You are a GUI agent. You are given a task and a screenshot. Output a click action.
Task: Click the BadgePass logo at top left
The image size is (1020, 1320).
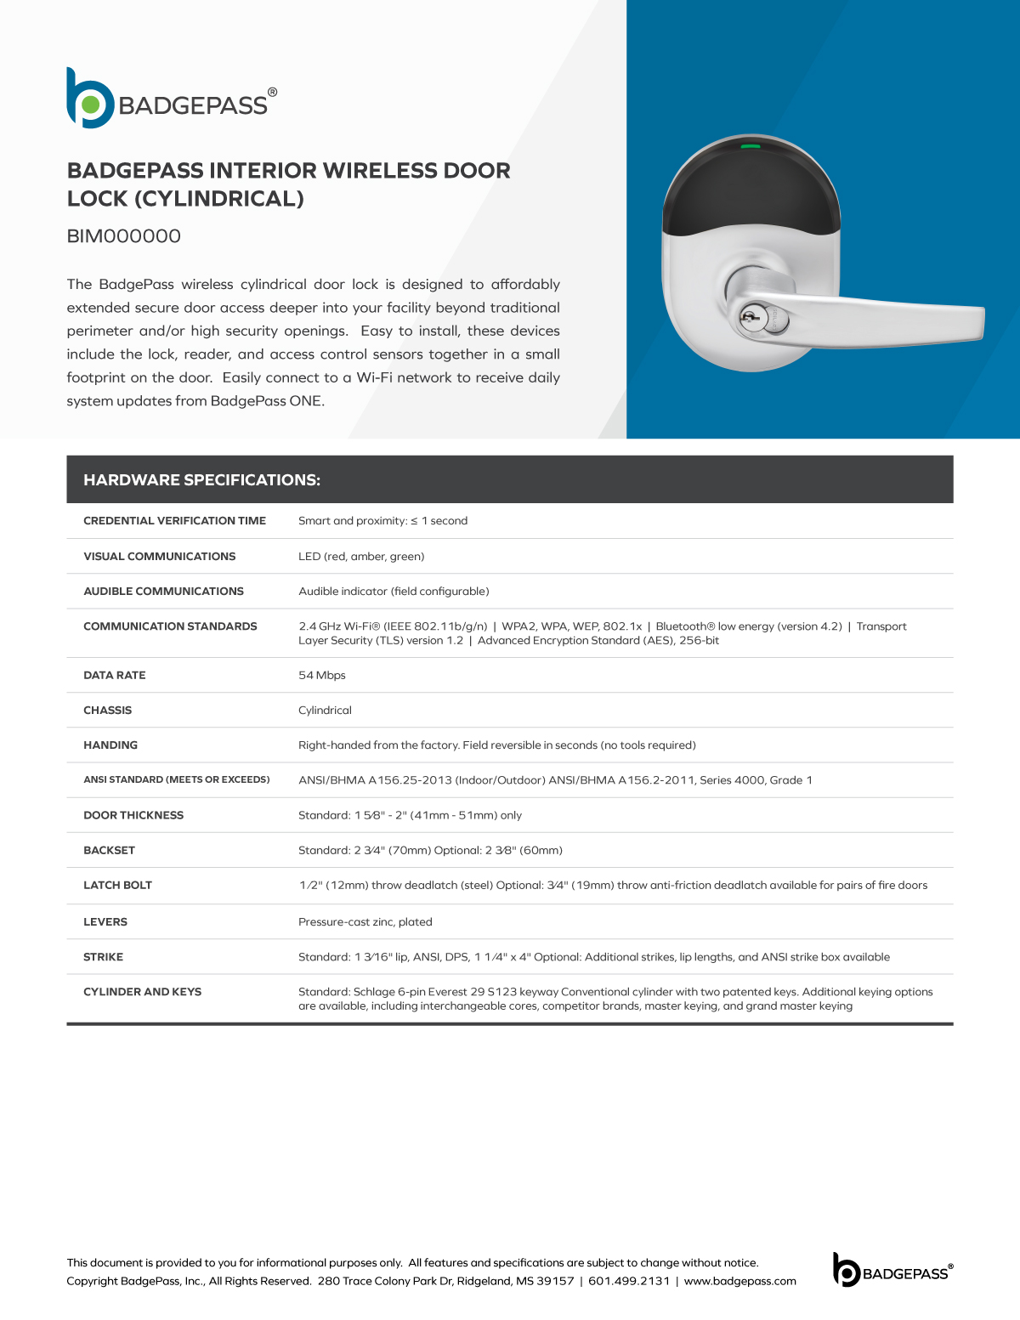171,99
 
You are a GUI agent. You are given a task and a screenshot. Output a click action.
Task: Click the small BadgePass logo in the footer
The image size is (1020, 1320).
892,1270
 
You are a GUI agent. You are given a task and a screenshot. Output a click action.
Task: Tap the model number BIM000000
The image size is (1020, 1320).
124,236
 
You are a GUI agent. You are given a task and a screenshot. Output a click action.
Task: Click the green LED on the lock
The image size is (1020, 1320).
751,146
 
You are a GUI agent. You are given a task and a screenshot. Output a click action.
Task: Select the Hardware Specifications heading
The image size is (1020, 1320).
201,480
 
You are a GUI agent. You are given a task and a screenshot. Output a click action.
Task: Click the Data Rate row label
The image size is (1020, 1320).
115,675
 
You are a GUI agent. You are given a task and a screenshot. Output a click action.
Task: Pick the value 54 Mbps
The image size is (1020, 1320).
322,675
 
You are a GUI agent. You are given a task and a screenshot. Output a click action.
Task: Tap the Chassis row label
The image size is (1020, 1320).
108,710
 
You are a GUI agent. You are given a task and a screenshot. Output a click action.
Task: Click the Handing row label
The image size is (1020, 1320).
110,745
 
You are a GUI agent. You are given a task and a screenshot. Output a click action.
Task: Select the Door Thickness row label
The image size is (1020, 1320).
133,815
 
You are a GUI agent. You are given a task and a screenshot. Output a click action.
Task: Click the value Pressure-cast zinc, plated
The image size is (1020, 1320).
365,921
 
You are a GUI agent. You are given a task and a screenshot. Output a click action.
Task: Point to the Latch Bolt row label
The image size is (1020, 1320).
117,885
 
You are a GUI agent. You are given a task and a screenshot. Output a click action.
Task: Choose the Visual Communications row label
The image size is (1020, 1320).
160,556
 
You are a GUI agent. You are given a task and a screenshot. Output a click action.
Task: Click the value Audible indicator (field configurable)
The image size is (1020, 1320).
394,591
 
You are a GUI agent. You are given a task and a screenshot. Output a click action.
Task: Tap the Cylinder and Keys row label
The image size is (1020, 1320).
143,991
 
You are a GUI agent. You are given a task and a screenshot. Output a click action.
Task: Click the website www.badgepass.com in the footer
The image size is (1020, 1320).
739,1281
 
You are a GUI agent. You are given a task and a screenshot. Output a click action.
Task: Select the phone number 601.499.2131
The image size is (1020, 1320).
629,1281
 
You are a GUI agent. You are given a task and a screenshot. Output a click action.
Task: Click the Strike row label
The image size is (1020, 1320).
104,956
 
